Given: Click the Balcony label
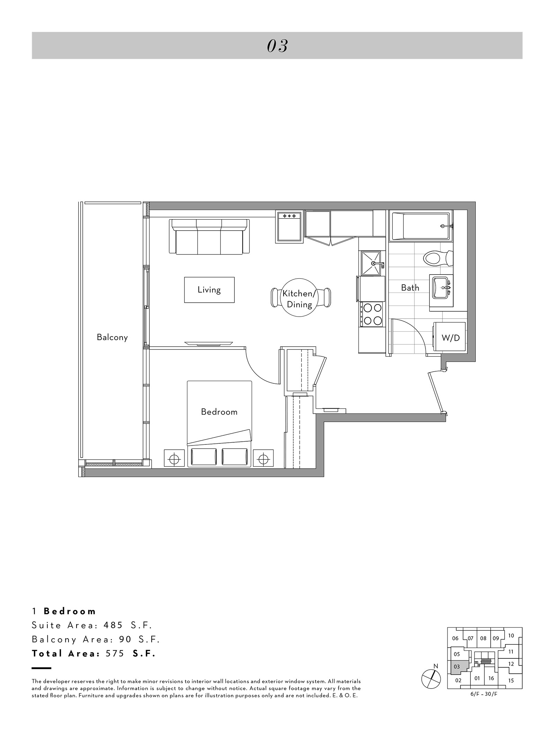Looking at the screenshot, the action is pos(112,337).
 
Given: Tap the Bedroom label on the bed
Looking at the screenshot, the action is pos(219,412).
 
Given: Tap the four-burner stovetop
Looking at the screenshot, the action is pos(372,314).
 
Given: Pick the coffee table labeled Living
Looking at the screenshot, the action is pos(209,290).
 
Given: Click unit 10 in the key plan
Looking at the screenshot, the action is pos(511,636).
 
